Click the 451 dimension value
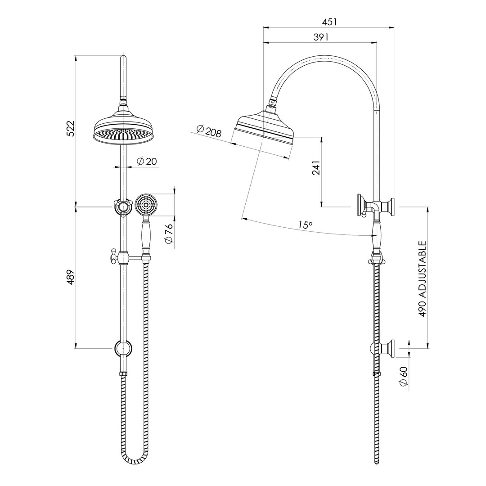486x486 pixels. click(329, 22)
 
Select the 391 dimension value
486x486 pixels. click(321, 37)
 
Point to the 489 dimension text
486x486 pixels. click(70, 277)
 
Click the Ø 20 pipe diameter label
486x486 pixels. click(147, 162)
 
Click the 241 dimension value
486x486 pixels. click(316, 167)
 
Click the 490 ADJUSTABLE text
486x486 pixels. click(423, 279)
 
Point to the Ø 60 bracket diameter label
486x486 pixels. click(403, 376)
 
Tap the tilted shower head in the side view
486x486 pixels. click(264, 128)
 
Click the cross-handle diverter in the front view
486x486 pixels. click(122, 207)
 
